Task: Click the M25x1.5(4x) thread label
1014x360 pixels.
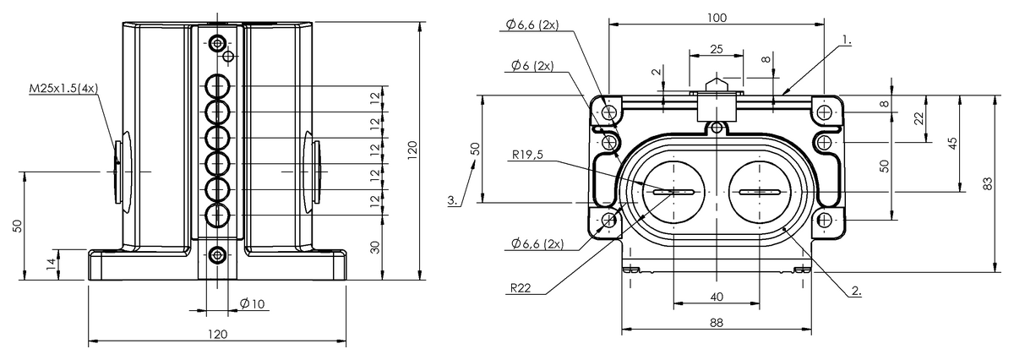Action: [x=63, y=88]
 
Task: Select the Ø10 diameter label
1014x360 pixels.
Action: [x=251, y=303]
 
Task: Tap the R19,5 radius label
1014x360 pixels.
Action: [x=529, y=155]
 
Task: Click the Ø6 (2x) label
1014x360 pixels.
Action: [x=532, y=66]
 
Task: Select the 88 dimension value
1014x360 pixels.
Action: [x=716, y=321]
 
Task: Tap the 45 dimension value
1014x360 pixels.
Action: [x=952, y=143]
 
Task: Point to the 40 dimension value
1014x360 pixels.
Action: [x=716, y=296]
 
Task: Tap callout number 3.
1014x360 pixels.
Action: [x=454, y=201]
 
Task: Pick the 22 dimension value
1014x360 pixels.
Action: [x=919, y=119]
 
